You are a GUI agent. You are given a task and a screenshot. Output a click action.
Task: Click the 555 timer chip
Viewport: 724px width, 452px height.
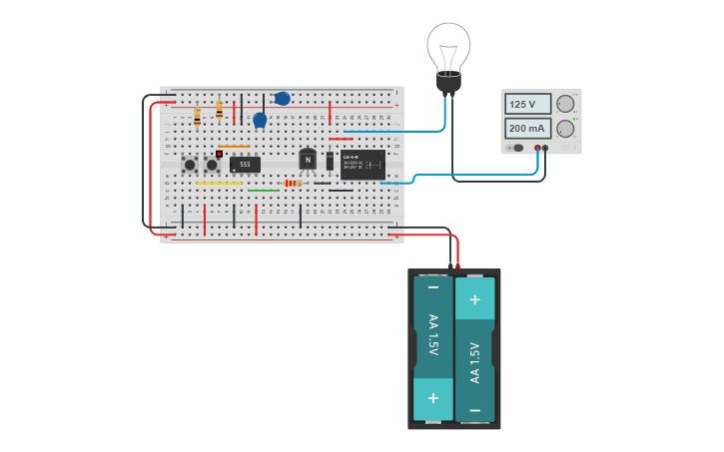tap(245, 164)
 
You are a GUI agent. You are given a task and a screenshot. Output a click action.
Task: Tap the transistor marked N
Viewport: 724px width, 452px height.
tap(308, 160)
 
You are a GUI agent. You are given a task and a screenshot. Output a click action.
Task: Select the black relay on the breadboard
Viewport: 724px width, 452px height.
tap(362, 164)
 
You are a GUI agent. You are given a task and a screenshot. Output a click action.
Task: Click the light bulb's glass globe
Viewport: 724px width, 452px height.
tap(448, 45)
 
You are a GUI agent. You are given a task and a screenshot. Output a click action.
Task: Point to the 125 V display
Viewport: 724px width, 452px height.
tap(528, 104)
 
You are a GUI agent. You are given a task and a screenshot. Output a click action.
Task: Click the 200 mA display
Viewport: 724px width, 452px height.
tap(528, 129)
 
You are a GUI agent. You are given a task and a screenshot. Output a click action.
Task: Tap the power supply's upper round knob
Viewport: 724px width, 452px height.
tap(565, 104)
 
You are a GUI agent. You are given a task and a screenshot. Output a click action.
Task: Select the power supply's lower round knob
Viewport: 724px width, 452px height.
tap(565, 129)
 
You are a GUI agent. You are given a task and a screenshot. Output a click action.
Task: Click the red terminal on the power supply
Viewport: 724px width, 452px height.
tap(537, 148)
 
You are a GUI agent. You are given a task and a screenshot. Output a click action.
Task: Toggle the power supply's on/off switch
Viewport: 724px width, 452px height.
tap(516, 148)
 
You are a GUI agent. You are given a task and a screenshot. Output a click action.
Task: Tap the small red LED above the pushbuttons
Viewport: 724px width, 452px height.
tap(219, 154)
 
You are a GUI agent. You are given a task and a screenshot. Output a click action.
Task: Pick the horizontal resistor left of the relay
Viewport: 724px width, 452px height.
tap(294, 183)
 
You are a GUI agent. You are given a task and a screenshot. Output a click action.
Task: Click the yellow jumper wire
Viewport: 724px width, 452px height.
tap(220, 183)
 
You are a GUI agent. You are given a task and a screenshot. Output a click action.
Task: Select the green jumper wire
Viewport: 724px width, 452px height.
tap(264, 190)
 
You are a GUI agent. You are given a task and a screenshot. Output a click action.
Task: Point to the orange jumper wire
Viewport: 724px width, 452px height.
tap(235, 146)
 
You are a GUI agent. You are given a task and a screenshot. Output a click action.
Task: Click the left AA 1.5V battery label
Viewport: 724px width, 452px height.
tap(433, 337)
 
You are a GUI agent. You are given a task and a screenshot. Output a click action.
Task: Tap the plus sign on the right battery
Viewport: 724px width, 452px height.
tap(474, 299)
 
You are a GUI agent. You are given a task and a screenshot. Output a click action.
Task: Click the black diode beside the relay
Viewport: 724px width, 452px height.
tap(331, 161)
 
